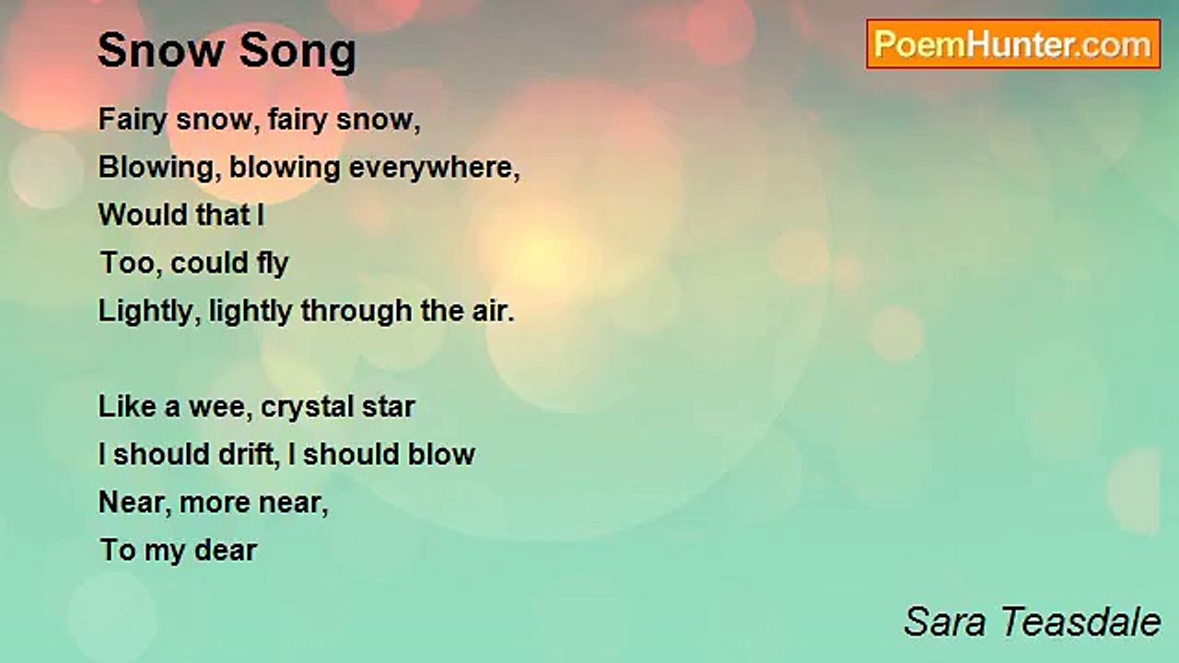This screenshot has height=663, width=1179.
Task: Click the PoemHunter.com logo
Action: [1013, 44]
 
